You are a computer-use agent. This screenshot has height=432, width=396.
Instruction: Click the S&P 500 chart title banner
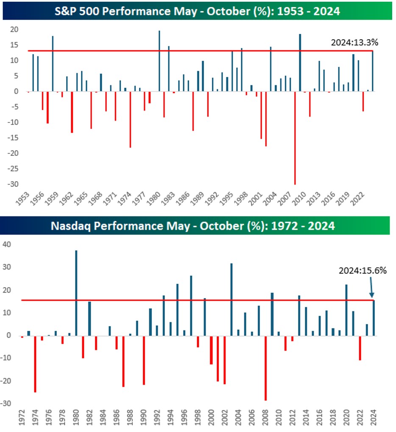(198, 11)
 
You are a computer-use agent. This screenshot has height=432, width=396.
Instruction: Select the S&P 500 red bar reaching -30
(295, 138)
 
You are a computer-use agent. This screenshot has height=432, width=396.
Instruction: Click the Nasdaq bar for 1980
(76, 293)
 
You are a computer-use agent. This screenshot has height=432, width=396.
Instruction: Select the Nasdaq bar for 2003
(231, 299)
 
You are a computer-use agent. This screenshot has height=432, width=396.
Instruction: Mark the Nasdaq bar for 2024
(374, 318)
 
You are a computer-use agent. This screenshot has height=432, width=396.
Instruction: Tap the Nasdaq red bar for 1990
(144, 360)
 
